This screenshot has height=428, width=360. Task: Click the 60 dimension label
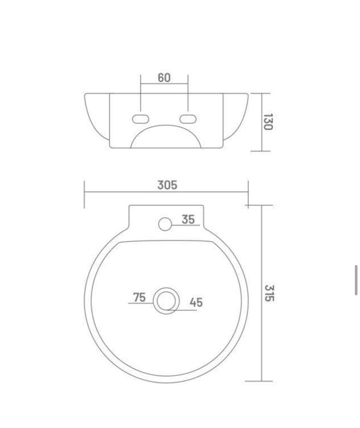(164, 78)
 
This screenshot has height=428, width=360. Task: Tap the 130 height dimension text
(268, 122)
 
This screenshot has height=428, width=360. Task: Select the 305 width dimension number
(167, 185)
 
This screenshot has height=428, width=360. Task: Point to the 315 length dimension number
(269, 293)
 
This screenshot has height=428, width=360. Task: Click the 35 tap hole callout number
(188, 219)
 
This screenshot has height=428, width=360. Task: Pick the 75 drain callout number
(139, 297)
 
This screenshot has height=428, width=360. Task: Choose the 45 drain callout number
(196, 302)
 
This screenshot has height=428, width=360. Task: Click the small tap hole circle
(165, 224)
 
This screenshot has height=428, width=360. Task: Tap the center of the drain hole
(166, 301)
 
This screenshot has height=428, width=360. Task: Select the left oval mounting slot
(140, 119)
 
